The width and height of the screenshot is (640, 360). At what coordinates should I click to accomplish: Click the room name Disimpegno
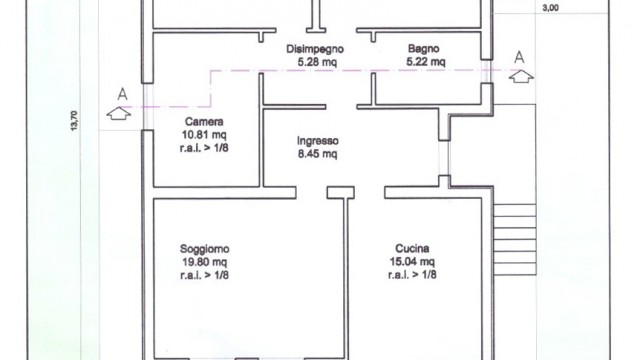click(315, 49)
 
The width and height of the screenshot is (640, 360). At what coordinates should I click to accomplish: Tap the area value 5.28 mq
click(317, 62)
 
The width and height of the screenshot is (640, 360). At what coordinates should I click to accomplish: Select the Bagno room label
click(424, 49)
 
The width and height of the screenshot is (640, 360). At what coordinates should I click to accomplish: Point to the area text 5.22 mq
click(426, 62)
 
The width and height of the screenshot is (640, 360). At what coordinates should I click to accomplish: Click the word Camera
click(204, 122)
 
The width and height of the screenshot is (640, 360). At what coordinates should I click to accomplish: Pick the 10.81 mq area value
click(204, 135)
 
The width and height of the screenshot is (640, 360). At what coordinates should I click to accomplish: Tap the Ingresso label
click(318, 141)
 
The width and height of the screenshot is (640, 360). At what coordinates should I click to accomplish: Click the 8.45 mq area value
click(318, 154)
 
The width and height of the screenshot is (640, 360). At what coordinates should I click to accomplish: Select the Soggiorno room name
click(204, 249)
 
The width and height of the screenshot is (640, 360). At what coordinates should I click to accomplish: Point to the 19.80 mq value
click(204, 262)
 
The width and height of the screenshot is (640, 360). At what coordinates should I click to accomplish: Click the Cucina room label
click(412, 249)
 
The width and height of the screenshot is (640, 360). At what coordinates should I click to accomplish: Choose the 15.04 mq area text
click(412, 262)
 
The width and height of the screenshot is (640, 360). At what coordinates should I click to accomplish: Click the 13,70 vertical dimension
click(74, 120)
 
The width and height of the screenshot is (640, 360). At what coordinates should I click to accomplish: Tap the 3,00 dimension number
click(551, 8)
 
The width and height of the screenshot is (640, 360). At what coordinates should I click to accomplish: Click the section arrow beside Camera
click(119, 113)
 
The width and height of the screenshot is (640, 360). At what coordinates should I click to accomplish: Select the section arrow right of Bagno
click(521, 76)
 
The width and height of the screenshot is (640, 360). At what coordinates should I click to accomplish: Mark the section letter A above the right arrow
click(519, 57)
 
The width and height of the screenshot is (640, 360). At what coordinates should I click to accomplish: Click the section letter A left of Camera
click(122, 94)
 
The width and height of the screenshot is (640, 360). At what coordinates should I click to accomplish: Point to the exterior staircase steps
click(515, 240)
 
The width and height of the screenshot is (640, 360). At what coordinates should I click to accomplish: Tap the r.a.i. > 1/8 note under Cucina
click(412, 275)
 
